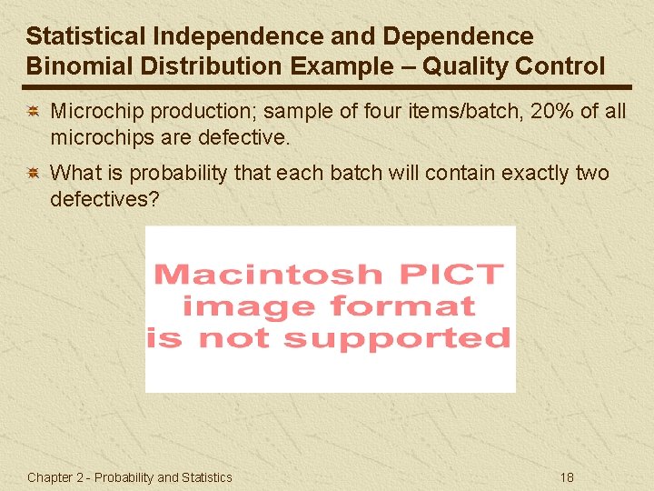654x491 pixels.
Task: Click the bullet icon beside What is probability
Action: coord(32,173)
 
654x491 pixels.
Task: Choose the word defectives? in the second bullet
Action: coord(104,199)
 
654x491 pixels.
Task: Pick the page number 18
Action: coord(568,477)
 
